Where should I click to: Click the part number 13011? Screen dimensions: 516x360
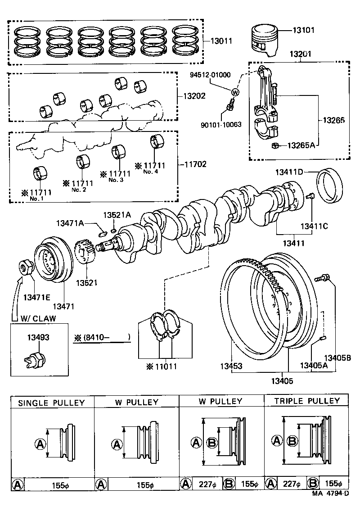click(221, 41)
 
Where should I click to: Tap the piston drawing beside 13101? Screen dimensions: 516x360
click(265, 41)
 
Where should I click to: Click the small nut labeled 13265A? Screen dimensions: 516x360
click(274, 145)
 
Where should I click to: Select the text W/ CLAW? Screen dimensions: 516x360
click(38, 318)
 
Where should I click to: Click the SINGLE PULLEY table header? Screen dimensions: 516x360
click(51, 403)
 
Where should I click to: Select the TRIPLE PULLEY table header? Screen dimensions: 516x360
click(307, 401)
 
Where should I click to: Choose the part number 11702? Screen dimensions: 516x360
click(195, 164)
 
